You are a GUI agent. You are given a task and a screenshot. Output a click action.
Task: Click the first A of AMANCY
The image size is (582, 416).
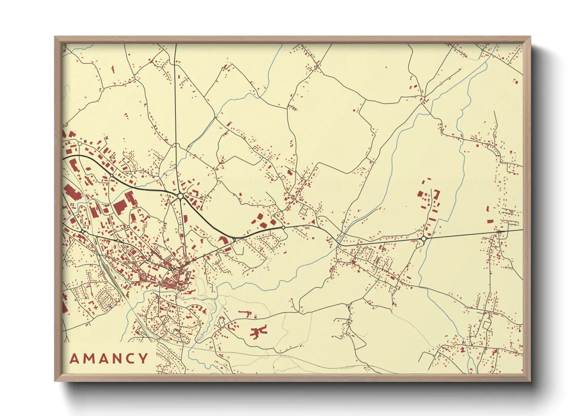coord(74,359)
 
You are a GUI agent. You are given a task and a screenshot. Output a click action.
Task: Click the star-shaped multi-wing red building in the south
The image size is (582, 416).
coord(258,331)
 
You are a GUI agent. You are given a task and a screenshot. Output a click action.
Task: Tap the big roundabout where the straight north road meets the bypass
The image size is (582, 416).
coord(180,195)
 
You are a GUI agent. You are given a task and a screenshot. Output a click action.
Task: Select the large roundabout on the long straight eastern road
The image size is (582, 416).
coord(424,239)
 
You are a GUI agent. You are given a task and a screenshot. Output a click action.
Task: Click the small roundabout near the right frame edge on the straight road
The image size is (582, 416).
coord(499,232)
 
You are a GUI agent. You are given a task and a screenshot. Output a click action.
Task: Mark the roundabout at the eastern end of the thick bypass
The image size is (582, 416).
coord(283,228)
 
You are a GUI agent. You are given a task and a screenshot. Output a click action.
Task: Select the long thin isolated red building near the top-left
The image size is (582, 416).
coord(112,70)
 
